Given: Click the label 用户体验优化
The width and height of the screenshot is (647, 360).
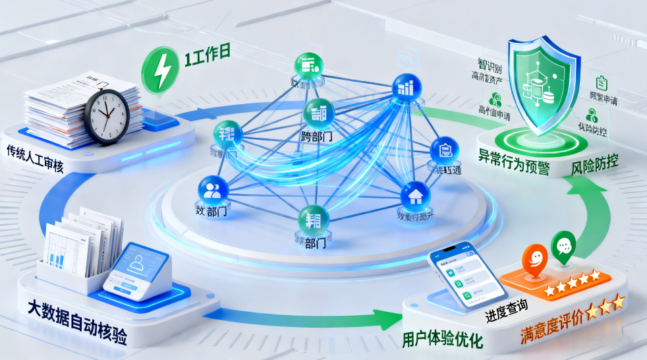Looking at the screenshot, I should click(x=443, y=340).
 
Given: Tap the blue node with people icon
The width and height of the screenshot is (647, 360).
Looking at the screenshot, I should click(x=212, y=190).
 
